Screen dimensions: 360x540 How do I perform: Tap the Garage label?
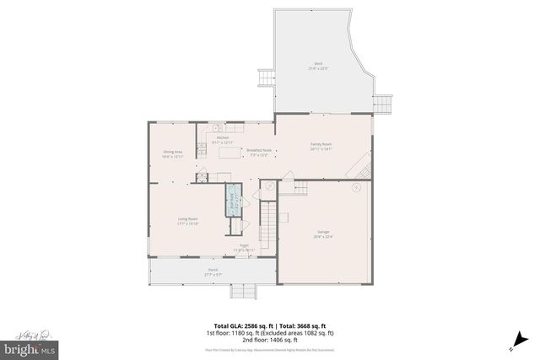click(x=323, y=235)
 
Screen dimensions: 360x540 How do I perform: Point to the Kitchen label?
click(x=223, y=139)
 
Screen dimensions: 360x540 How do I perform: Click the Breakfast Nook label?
click(x=258, y=152)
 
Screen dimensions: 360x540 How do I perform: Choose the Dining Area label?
click(x=174, y=153)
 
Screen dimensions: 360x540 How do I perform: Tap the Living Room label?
click(x=175, y=222)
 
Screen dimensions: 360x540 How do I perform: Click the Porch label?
click(x=212, y=271)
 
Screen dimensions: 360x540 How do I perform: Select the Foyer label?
click(x=244, y=248)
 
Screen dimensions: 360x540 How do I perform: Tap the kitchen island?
click(x=229, y=153)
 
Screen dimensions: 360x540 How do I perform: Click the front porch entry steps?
click(x=243, y=291)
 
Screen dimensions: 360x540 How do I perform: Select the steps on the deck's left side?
click(x=267, y=78)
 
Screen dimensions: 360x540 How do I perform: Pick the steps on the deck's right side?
click(x=383, y=103)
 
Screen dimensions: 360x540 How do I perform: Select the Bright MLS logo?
click(x=30, y=347)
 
